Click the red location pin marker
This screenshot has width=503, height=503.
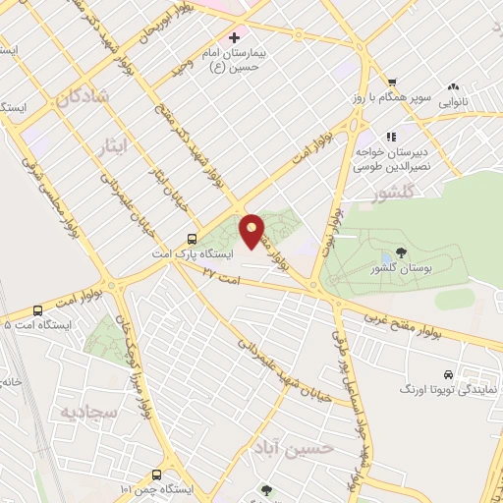[x=252, y=231]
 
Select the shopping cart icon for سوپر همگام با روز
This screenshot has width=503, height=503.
[x=391, y=83]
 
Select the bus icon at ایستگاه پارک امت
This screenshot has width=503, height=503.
[x=192, y=238]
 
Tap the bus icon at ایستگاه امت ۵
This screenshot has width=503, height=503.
[x=36, y=309]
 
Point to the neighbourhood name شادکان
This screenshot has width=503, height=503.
[x=80, y=98]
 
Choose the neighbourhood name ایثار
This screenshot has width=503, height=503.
[x=116, y=147]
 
